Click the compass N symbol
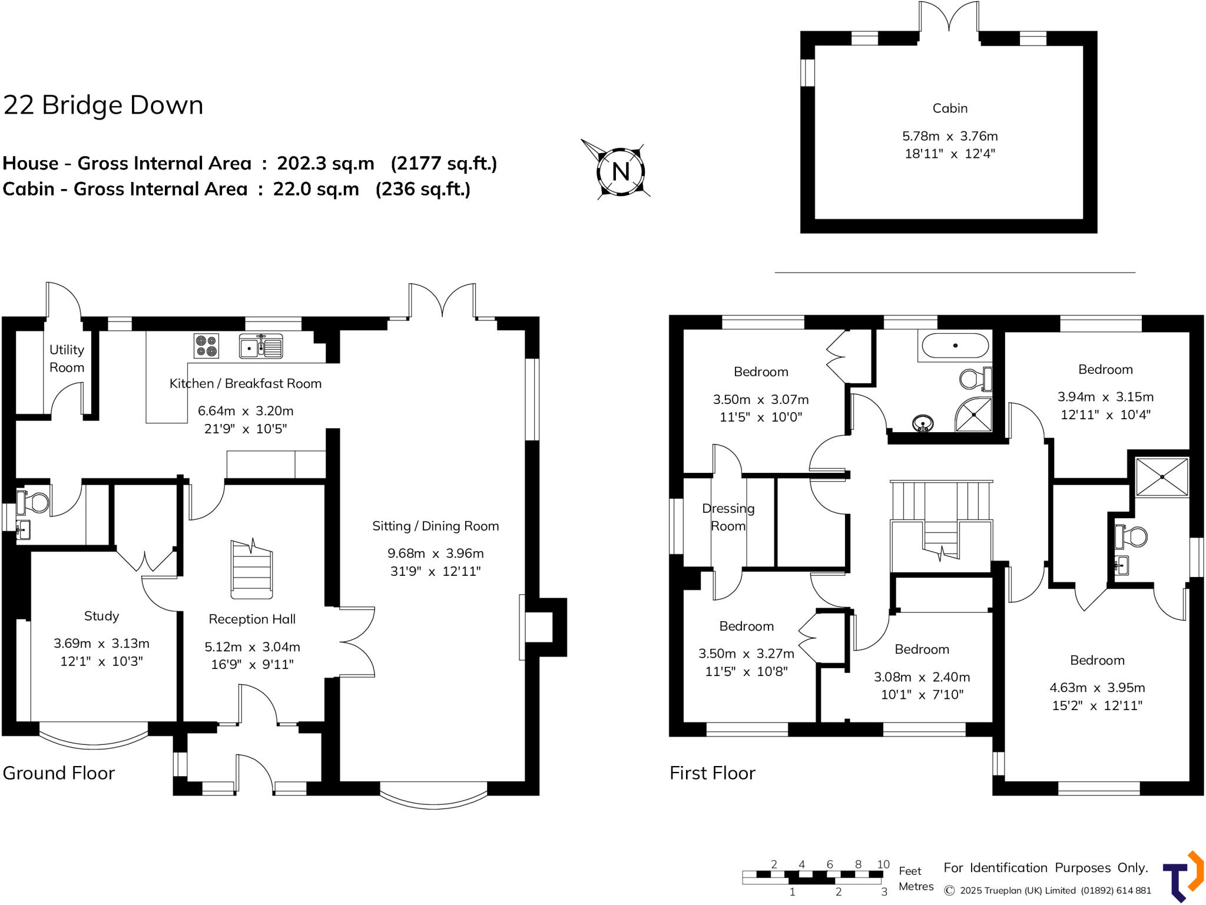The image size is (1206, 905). (x=621, y=171)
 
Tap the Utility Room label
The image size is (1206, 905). (x=67, y=359)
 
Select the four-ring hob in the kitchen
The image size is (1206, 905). (x=206, y=346)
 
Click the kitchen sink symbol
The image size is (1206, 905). (x=261, y=346)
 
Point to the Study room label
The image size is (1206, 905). (x=101, y=616)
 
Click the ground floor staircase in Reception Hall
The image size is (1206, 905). (x=252, y=569)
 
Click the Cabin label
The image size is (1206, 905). (x=950, y=108)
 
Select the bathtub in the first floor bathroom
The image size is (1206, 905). (x=955, y=346)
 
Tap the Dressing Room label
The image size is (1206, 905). (x=728, y=517)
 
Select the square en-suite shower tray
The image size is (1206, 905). (x=1161, y=477)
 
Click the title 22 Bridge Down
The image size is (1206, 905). (x=103, y=105)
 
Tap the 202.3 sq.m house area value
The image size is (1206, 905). (x=325, y=163)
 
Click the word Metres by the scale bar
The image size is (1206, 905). (x=916, y=887)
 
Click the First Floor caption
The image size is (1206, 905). (x=712, y=773)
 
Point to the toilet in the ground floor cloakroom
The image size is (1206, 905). (x=35, y=502)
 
